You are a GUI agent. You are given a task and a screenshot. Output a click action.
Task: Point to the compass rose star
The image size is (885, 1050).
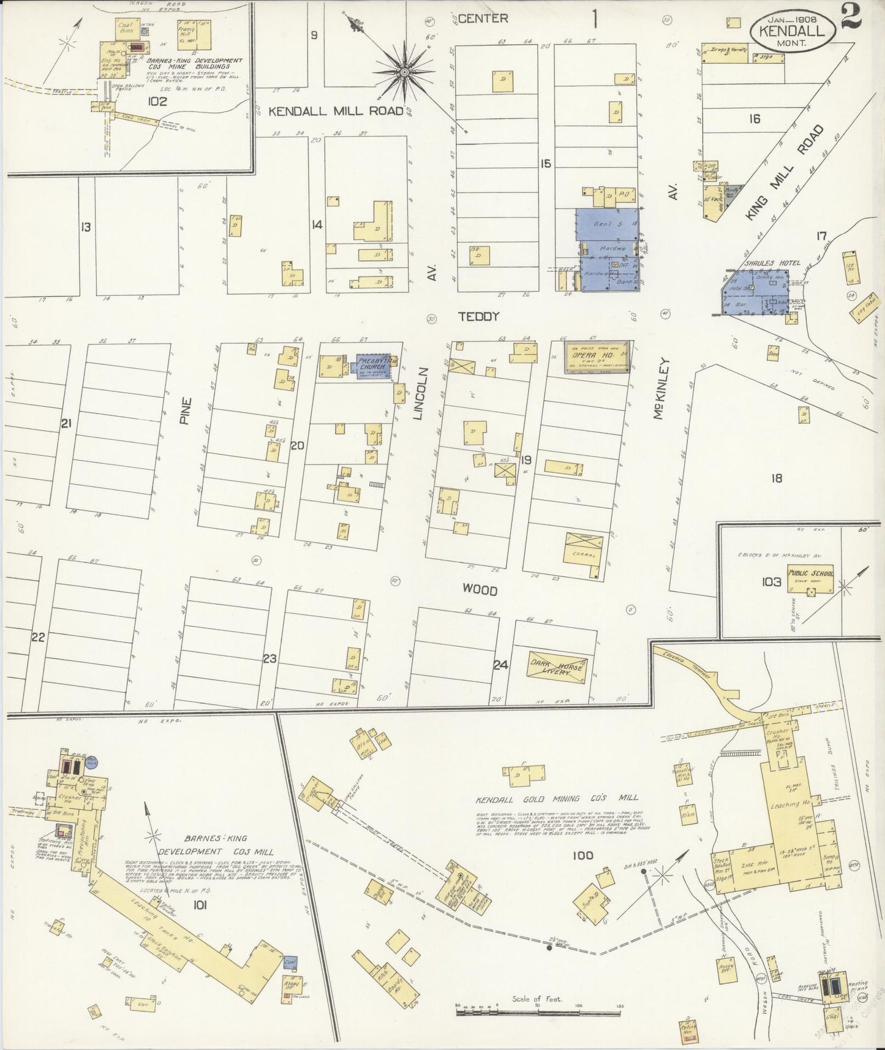404,72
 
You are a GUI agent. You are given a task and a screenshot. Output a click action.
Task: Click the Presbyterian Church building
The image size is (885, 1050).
373,366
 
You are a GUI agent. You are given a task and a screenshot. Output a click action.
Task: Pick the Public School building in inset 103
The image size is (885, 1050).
810,580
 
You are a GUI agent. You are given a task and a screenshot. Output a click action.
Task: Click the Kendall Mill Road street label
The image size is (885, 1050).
336,111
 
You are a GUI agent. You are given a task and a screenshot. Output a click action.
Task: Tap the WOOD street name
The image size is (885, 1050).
480,591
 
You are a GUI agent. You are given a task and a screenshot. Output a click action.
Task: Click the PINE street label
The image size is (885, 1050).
186,412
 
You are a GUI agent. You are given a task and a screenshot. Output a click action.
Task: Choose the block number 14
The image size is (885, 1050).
316,225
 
